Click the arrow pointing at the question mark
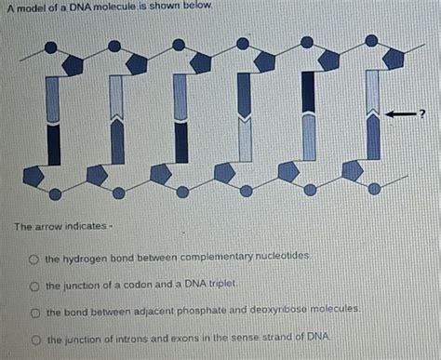(400, 113)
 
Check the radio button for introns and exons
(32, 340)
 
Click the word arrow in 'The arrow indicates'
(44, 227)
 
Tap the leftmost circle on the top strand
(50, 47)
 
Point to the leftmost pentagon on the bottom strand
(33, 176)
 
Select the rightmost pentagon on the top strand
(393, 59)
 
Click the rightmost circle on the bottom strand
(374, 188)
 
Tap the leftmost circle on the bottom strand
(55, 193)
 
